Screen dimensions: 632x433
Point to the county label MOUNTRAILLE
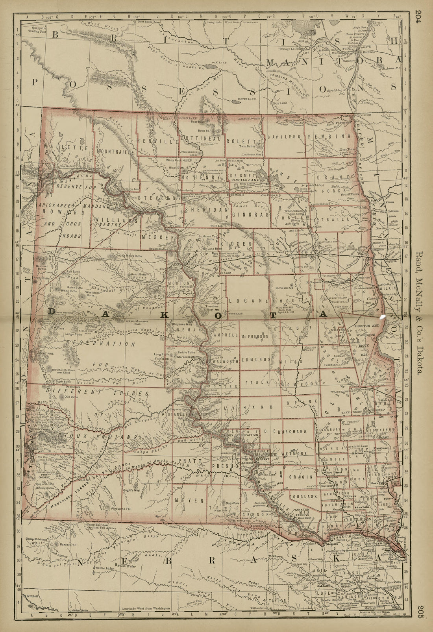[x=115, y=151]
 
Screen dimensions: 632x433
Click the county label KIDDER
[x=236, y=244]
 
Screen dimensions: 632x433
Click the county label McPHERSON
[x=255, y=336]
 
